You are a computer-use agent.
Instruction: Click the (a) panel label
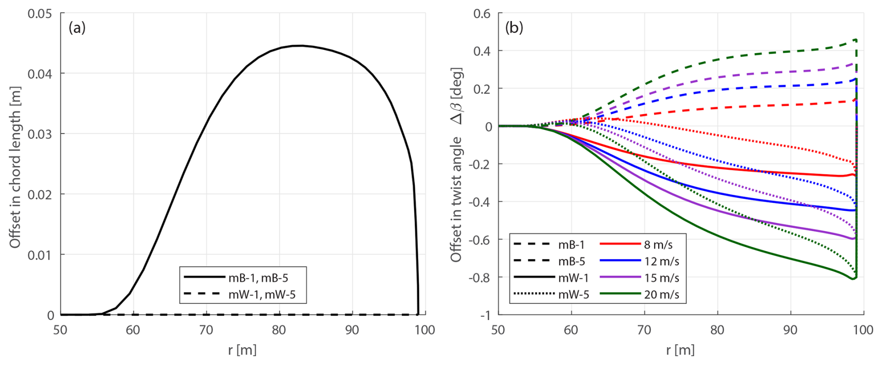pyautogui.click(x=77, y=28)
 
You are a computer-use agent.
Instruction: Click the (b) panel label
pyautogui.click(x=514, y=28)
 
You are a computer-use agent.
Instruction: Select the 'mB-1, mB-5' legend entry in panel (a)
pyautogui.click(x=258, y=278)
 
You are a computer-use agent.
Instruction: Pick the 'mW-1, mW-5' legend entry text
pyautogui.click(x=262, y=295)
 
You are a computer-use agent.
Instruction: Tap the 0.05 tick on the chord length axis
pyautogui.click(x=40, y=14)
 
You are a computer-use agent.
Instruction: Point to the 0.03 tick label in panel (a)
pyautogui.click(x=40, y=134)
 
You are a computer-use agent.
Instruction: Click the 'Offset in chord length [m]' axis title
pyautogui.click(x=15, y=167)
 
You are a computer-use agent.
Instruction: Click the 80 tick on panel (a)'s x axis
pyautogui.click(x=279, y=331)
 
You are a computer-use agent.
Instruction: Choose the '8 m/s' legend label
pyautogui.click(x=658, y=245)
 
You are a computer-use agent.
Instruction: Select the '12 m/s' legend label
pyautogui.click(x=661, y=262)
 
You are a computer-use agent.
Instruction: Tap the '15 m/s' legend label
pyautogui.click(x=661, y=278)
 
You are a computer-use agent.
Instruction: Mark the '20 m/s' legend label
pyautogui.click(x=661, y=295)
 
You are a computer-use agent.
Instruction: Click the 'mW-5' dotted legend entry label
pyautogui.click(x=573, y=295)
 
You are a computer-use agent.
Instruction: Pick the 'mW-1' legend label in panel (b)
pyautogui.click(x=573, y=278)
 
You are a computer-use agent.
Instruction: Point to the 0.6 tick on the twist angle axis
pyautogui.click(x=482, y=14)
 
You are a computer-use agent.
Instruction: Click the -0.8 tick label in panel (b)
pyautogui.click(x=479, y=278)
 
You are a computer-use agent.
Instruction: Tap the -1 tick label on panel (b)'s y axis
pyautogui.click(x=485, y=316)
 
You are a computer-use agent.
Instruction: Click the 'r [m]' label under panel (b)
pyautogui.click(x=680, y=350)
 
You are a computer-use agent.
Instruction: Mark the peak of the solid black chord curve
pyautogui.click(x=300, y=46)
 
